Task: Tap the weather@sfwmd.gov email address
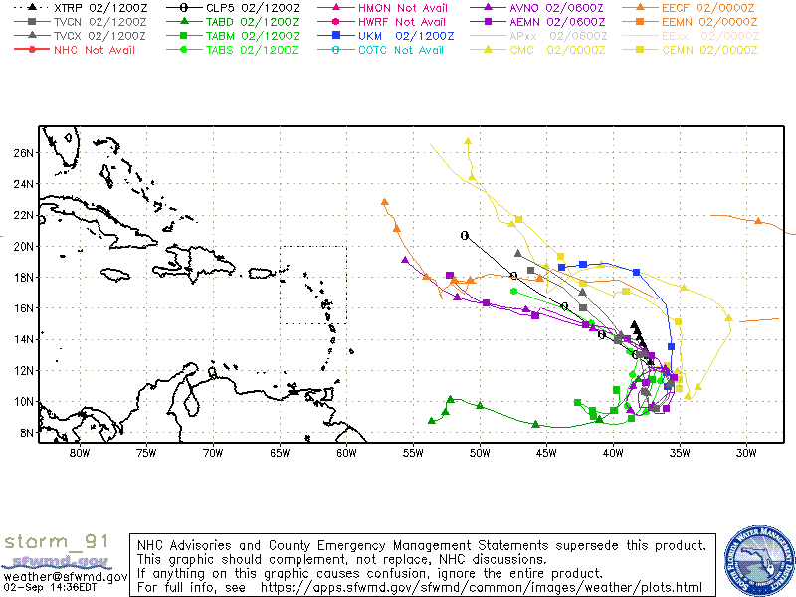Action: tap(65, 576)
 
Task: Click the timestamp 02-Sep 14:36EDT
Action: tap(49, 588)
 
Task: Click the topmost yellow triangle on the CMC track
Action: tap(467, 141)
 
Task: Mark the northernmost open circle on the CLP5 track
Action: tap(465, 235)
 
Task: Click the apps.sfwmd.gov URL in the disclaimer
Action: tap(481, 588)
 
